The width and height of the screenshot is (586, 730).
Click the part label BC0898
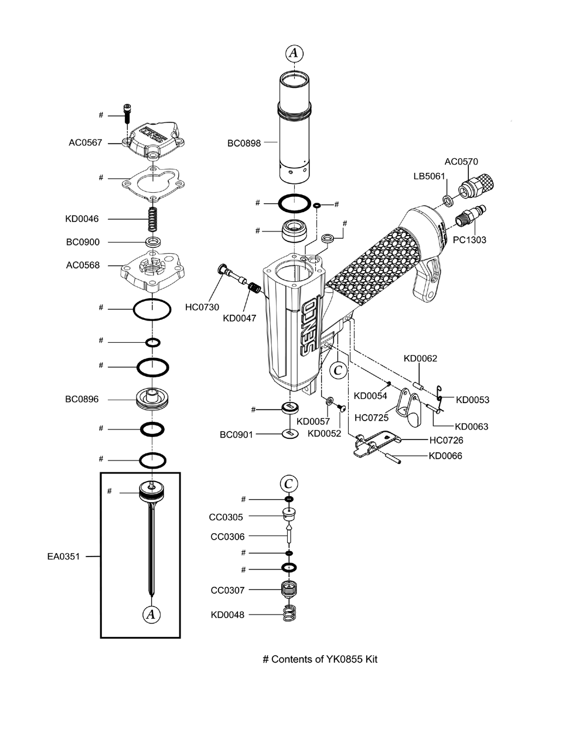click(x=244, y=142)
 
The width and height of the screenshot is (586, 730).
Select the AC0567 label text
click(x=85, y=142)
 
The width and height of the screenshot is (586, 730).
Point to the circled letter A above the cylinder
click(x=295, y=53)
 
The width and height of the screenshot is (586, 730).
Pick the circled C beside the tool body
click(x=338, y=370)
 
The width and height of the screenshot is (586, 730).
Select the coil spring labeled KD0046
click(x=153, y=220)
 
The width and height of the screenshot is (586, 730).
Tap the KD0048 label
click(x=228, y=615)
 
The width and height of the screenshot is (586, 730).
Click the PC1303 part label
click(x=469, y=240)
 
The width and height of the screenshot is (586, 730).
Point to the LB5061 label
click(x=430, y=176)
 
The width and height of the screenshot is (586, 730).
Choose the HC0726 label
click(x=446, y=440)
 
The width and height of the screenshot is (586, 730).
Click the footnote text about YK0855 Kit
click(x=320, y=659)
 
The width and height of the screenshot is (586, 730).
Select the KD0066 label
click(x=445, y=456)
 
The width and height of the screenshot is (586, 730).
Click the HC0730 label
click(x=202, y=307)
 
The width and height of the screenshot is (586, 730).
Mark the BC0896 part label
click(x=82, y=400)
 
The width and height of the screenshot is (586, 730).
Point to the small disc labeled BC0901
click(x=289, y=434)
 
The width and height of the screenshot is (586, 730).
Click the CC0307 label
click(x=227, y=591)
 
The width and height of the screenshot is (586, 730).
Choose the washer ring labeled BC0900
click(x=153, y=241)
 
